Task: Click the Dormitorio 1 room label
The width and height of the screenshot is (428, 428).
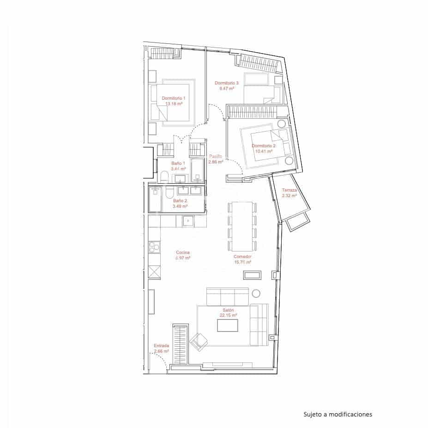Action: pyautogui.click(x=173, y=98)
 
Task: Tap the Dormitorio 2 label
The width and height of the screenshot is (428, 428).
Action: pyautogui.click(x=263, y=146)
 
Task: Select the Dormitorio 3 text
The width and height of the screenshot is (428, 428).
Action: pyautogui.click(x=227, y=83)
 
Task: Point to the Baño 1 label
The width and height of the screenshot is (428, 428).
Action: pyautogui.click(x=178, y=163)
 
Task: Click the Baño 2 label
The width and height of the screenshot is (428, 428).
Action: pyautogui.click(x=180, y=201)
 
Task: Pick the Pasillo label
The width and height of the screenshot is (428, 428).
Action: pyautogui.click(x=216, y=157)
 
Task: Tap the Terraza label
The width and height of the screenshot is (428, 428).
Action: pyautogui.click(x=289, y=190)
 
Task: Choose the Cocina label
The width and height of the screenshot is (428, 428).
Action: pyautogui.click(x=183, y=253)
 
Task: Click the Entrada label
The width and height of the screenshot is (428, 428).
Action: pyautogui.click(x=161, y=345)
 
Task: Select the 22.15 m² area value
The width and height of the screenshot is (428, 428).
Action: pyautogui.click(x=228, y=315)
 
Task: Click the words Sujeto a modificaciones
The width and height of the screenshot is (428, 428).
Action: pyautogui.click(x=338, y=414)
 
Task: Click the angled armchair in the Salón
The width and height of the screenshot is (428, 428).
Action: pyautogui.click(x=201, y=341)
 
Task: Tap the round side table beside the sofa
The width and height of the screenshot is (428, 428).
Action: pyautogui.click(x=256, y=293)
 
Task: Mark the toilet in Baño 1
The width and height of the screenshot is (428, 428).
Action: pyautogui.click(x=164, y=176)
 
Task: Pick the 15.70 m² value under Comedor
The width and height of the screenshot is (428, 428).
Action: pyautogui.click(x=242, y=262)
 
